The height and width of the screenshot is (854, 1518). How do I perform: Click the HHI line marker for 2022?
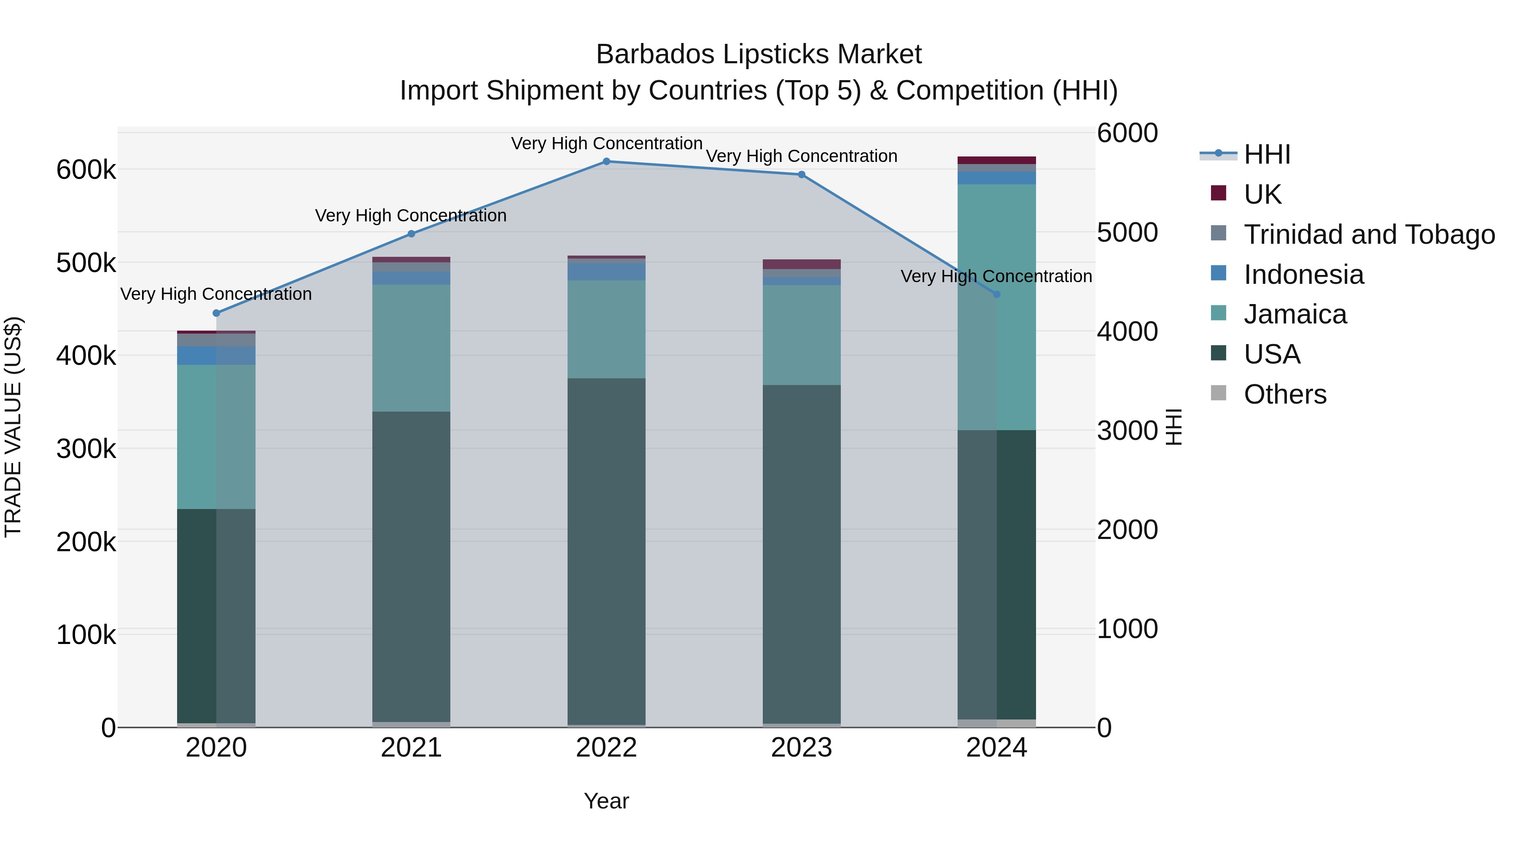coord(606,162)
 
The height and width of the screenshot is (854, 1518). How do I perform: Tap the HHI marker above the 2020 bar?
coord(216,313)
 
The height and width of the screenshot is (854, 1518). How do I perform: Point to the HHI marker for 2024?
coord(996,294)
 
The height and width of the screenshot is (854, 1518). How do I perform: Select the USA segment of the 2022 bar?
coord(606,551)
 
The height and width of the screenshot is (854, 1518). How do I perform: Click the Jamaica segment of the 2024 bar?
coord(996,307)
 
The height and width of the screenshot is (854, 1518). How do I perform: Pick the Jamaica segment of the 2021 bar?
coord(411,348)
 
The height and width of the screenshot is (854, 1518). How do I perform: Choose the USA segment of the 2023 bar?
coord(802,554)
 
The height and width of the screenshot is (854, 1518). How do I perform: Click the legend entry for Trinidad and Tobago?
coord(1368,234)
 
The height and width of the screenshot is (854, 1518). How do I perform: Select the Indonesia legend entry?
coord(1303,275)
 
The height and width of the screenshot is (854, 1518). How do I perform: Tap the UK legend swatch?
coord(1218,193)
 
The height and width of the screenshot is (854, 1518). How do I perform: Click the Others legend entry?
coord(1285,394)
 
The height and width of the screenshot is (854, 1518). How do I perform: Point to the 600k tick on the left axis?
coord(86,170)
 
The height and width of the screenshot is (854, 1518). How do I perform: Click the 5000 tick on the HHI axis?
coord(1127,233)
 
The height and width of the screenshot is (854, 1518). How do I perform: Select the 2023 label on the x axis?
coord(802,748)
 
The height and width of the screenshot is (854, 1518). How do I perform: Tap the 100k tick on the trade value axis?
coord(86,635)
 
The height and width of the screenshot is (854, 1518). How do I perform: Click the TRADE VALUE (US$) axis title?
coord(13,427)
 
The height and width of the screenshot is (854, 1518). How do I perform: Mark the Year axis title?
coord(606,801)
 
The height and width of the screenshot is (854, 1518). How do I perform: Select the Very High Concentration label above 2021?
coord(411,216)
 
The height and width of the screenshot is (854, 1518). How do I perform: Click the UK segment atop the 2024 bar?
coord(996,160)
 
